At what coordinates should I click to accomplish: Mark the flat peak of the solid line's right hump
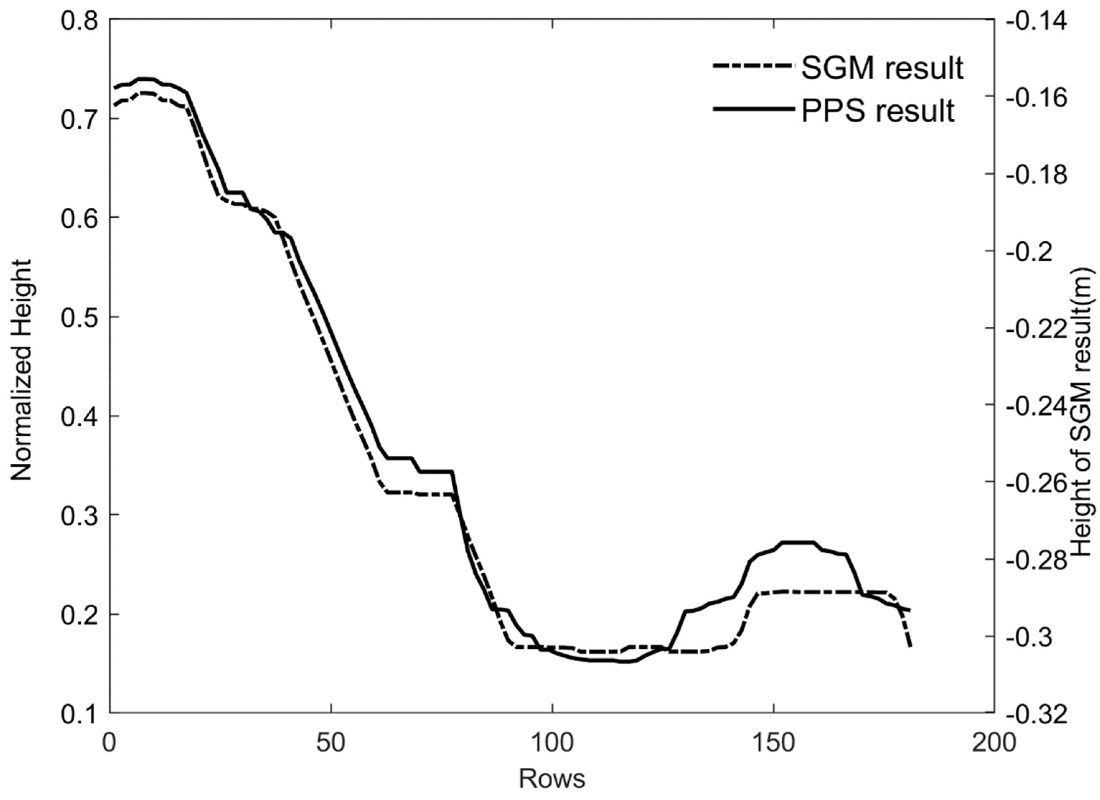pyautogui.click(x=798, y=542)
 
